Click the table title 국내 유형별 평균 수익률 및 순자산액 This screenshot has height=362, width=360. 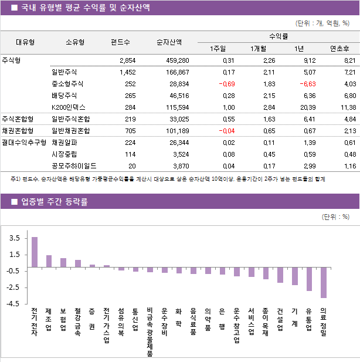point(85,8)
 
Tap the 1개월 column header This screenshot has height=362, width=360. point(258,48)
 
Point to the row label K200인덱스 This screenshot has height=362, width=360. point(68,107)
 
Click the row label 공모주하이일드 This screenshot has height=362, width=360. point(74,166)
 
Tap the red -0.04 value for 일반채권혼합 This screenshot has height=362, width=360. point(225,130)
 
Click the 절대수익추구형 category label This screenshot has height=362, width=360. point(23,143)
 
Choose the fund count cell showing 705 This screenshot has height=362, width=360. point(128,130)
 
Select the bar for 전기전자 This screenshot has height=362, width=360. point(35,252)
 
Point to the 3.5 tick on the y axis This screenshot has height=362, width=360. point(15,238)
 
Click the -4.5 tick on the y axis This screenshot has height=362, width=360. point(13,304)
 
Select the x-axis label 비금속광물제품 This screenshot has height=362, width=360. point(150,331)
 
